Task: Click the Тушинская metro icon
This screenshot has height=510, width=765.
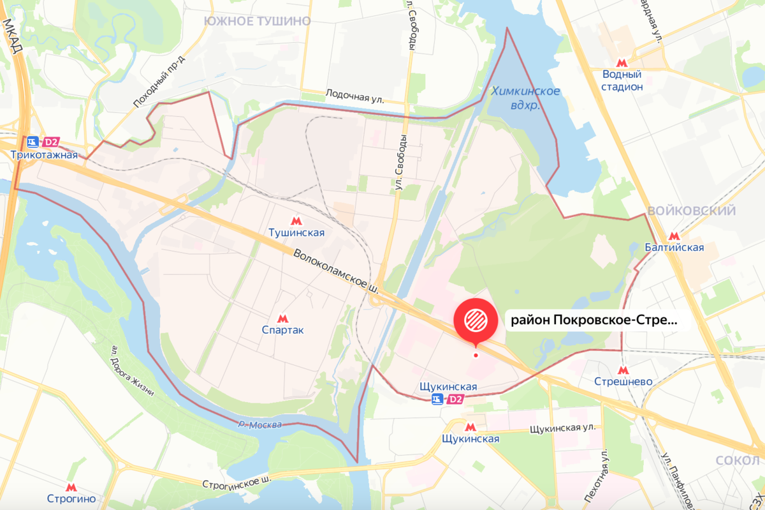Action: pos(295,221)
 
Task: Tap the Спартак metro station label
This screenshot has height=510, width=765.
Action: pos(283,330)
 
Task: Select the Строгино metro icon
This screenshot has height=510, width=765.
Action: pos(72,487)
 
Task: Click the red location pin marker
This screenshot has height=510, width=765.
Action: pos(475,319)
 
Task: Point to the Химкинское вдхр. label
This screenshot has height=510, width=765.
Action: pos(526,98)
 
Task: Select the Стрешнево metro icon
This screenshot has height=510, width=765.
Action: pos(622,369)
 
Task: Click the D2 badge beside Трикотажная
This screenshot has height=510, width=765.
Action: pos(50,141)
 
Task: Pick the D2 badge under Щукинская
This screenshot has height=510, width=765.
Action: pos(455,400)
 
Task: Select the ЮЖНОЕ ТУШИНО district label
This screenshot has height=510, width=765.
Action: pos(257,21)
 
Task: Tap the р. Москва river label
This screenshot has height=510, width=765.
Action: pos(259,425)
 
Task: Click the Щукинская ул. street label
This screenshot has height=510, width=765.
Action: pos(562,428)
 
